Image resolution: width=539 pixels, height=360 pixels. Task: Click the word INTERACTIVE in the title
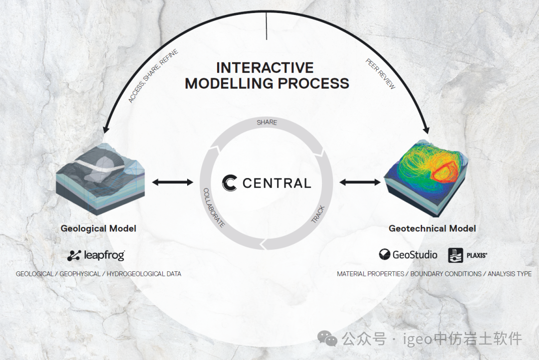point(265,68)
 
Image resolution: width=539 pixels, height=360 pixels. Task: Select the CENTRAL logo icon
point(230,183)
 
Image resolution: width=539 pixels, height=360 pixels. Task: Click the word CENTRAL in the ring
point(276,183)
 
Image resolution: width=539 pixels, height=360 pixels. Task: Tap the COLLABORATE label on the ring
point(214,207)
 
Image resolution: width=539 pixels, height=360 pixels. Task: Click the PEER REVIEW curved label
point(380,74)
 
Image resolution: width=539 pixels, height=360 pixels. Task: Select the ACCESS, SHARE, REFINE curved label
point(153,76)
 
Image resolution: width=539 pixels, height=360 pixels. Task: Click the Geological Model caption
point(98,228)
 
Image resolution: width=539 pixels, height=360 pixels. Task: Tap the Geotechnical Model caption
point(432,228)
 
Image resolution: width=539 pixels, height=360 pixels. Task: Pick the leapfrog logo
point(96,256)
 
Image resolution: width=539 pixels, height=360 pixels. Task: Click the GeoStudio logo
point(408,255)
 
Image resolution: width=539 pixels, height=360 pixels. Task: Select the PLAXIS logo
point(467,255)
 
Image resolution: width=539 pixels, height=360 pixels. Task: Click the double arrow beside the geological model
point(172,182)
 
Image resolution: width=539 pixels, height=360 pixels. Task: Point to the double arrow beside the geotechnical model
point(359,182)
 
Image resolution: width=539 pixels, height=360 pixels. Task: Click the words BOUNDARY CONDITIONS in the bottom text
point(446,274)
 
